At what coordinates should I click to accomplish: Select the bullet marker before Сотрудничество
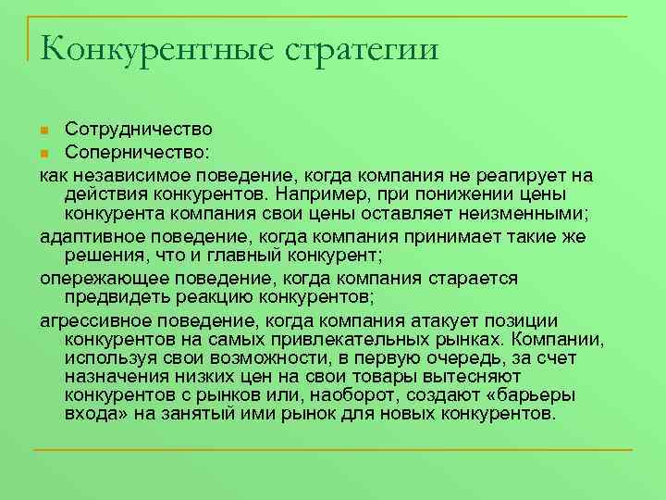pyautogui.click(x=45, y=130)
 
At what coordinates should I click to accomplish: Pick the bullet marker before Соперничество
pyautogui.click(x=45, y=152)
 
